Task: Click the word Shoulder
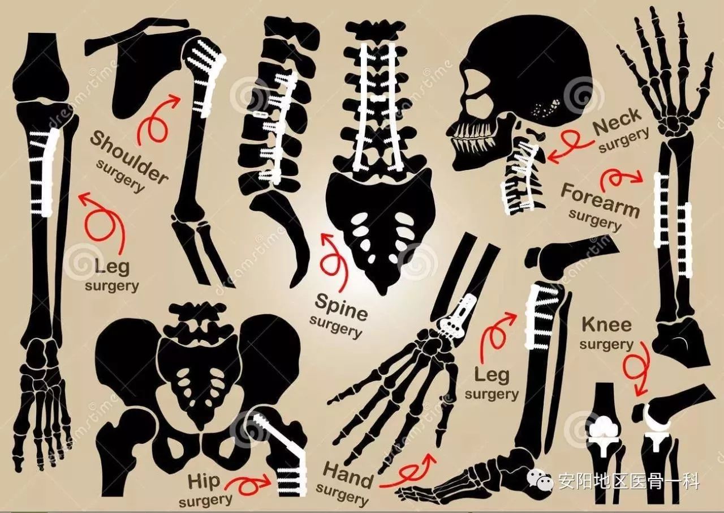pyautogui.click(x=128, y=158)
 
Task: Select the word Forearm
pyautogui.click(x=601, y=199)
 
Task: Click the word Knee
pyautogui.click(x=607, y=325)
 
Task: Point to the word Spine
pyautogui.click(x=342, y=307)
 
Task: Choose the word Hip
pyautogui.click(x=204, y=481)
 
